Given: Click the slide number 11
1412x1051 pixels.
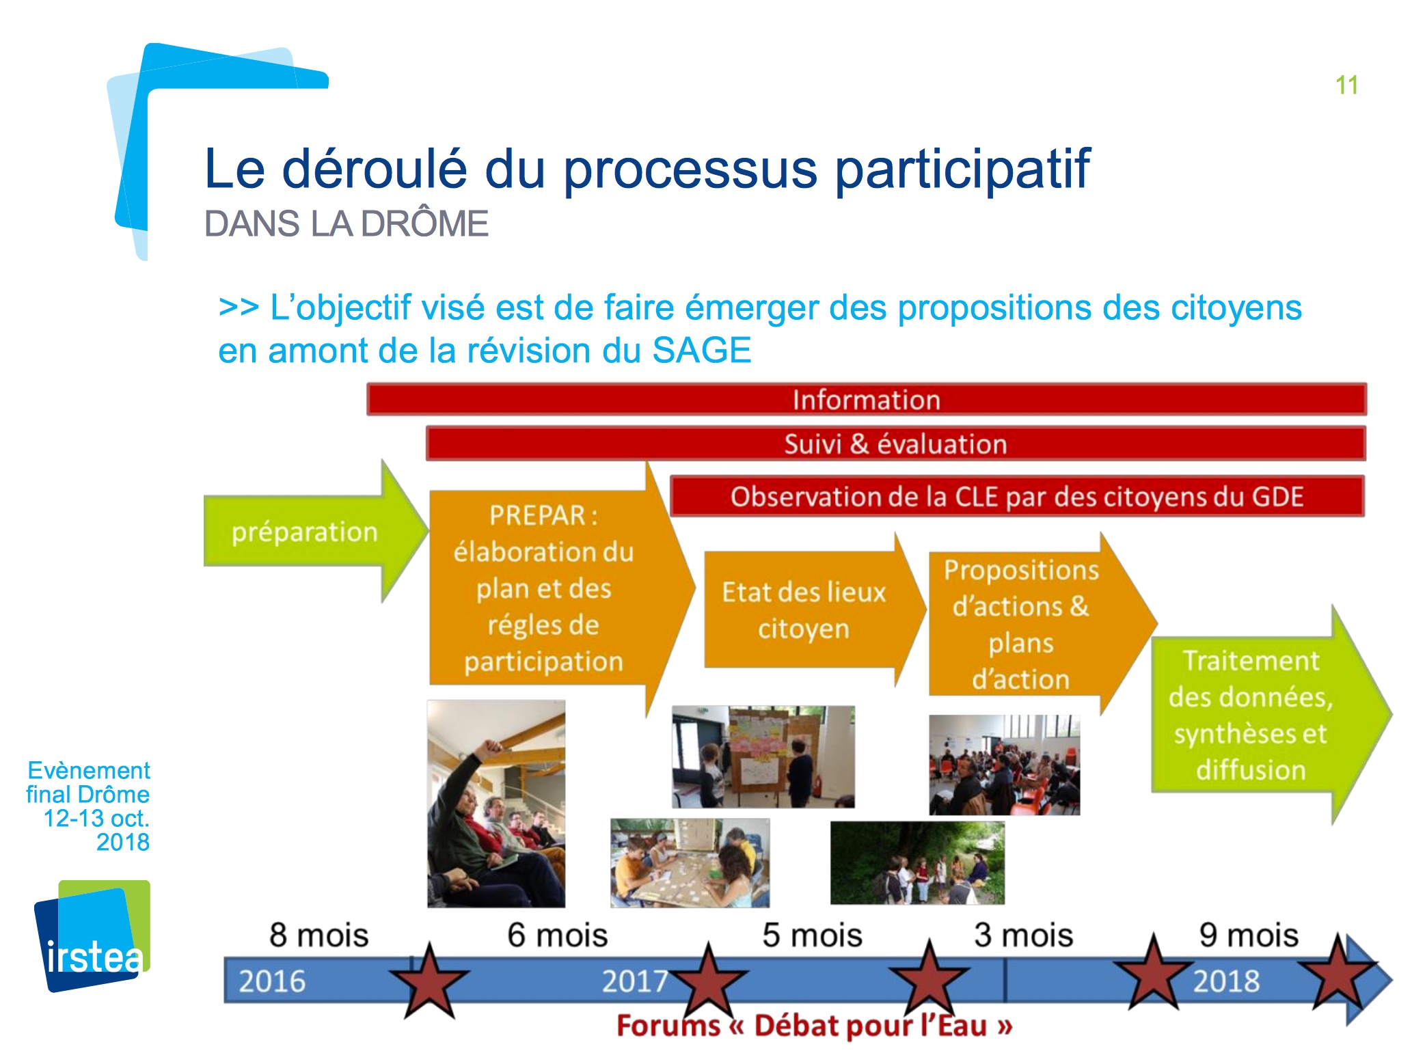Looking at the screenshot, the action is [1346, 85].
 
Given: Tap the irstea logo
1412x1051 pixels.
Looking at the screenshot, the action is [92, 936].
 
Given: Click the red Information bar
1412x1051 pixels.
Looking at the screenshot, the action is [867, 399].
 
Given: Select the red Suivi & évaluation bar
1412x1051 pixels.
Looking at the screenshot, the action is [895, 443].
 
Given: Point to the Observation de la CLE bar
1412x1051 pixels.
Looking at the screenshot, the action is [1017, 496].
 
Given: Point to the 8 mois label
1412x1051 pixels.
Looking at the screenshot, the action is [318, 935].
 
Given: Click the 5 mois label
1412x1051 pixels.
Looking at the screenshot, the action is [812, 935].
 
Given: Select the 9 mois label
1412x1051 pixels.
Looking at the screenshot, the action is [1249, 935].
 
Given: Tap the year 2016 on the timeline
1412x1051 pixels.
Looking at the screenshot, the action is [272, 981].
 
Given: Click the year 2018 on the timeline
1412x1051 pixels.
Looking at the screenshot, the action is [1226, 981].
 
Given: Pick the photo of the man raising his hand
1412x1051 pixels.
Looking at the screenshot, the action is [496, 804].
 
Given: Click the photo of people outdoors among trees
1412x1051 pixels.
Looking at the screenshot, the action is [917, 863].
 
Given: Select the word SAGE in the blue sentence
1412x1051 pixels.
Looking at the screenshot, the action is [702, 351].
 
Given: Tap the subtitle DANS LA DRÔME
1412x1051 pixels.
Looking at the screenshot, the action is [347, 223].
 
